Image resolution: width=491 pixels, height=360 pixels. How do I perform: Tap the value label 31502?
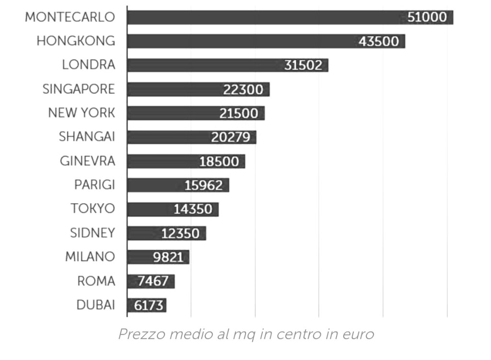pyautogui.click(x=303, y=65)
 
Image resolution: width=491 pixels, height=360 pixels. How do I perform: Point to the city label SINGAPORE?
pyautogui.click(x=79, y=89)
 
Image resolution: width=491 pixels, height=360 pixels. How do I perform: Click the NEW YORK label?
pyautogui.click(x=82, y=113)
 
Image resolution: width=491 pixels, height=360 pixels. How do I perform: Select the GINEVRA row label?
pyautogui.click(x=87, y=161)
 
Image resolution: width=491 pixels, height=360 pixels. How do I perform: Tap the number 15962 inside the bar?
pyautogui.click(x=204, y=185)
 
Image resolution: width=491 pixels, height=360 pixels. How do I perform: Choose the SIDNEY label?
pyautogui.click(x=93, y=233)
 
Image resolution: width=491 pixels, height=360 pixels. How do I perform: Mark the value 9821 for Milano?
pyautogui.click(x=168, y=257)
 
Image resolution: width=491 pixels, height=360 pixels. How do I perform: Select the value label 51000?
pyautogui.click(x=427, y=17)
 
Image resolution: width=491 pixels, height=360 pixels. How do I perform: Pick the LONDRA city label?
pyautogui.click(x=89, y=65)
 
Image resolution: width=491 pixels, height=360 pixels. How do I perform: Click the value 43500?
pyautogui.click(x=378, y=41)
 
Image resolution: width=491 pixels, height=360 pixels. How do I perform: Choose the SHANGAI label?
pyautogui.click(x=87, y=137)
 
